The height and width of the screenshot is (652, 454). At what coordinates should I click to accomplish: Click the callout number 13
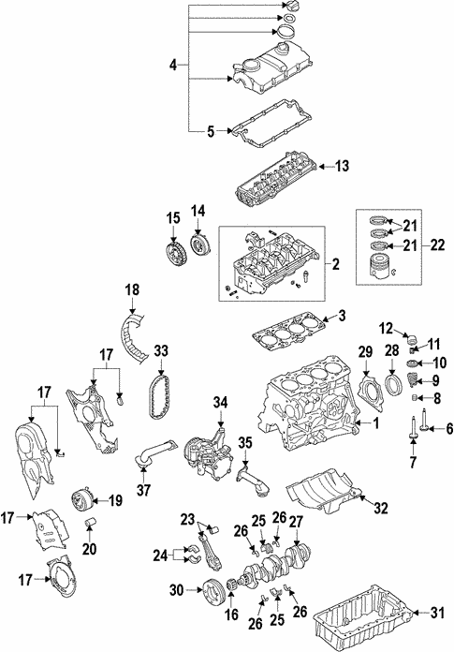(x=342, y=167)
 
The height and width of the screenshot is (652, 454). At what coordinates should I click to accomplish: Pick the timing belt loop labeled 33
(x=162, y=403)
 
